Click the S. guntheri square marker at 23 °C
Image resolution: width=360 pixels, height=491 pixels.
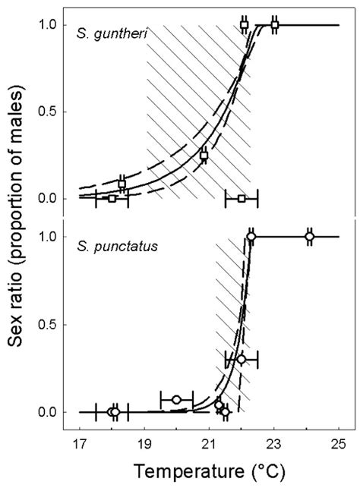274,25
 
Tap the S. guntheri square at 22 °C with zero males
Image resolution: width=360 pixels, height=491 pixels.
242,198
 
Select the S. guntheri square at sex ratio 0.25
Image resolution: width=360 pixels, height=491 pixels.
204,155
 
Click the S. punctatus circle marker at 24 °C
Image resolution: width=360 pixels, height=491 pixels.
310,237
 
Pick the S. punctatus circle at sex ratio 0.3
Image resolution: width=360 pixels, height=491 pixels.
242,359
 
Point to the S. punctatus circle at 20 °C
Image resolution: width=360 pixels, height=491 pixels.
176,400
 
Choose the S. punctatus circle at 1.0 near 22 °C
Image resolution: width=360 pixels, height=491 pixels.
251,237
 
